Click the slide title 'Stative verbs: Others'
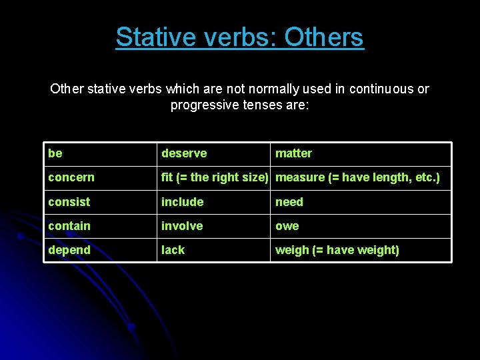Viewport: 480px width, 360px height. (239, 37)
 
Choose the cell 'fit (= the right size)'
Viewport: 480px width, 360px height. (214, 177)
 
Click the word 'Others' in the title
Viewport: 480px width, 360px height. (324, 37)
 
